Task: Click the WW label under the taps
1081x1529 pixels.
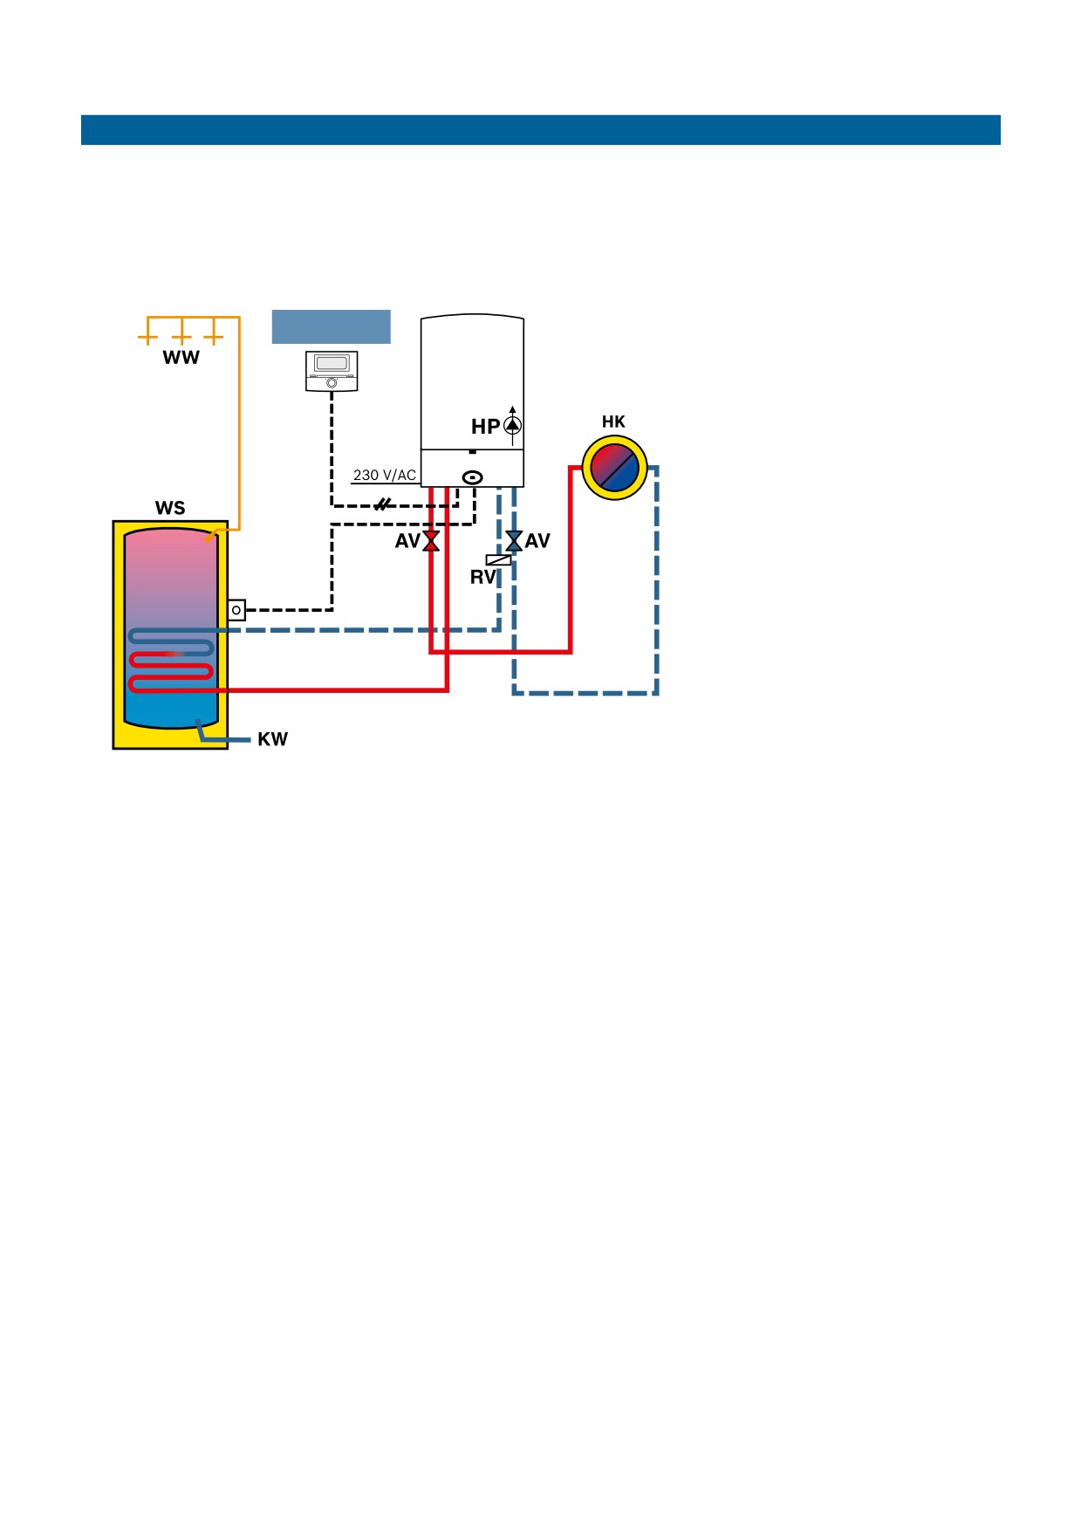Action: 181,358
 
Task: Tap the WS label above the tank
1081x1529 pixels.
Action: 170,508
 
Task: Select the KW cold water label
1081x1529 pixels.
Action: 272,739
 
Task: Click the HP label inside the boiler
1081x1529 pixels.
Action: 486,427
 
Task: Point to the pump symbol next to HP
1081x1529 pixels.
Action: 513,426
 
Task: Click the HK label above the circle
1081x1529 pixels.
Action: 613,422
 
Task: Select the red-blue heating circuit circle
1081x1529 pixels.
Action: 615,468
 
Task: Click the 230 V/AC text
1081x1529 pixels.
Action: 385,476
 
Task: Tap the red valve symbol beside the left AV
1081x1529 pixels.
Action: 431,541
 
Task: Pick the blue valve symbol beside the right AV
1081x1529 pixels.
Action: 514,541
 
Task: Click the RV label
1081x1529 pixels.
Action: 482,577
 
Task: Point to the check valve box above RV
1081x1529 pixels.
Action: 498,560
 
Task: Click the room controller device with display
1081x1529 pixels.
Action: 332,371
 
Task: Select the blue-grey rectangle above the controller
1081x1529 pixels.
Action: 332,326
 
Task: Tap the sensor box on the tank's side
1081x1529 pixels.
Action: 236,610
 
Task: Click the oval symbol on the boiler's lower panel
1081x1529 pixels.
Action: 473,477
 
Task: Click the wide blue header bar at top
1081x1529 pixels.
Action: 541,130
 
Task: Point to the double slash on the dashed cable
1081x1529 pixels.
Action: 382,504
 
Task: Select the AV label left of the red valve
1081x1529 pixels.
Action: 407,541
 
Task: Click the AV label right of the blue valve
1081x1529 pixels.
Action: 537,541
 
